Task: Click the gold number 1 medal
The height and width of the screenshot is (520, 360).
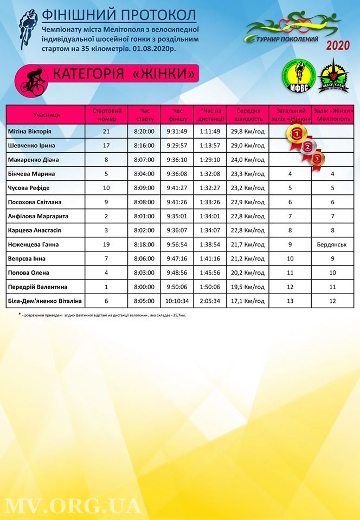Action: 296,132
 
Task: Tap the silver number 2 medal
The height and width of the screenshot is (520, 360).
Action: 308,146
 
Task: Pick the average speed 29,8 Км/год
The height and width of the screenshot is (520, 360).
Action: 247,132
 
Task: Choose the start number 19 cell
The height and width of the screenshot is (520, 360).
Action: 106,244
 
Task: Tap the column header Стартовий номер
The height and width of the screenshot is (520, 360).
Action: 106,114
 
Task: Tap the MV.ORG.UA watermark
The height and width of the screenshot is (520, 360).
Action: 73,505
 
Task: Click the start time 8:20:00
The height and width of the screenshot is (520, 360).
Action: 144,132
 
